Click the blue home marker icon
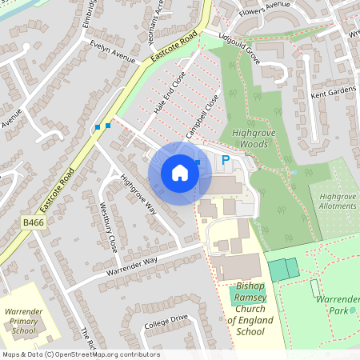click(x=180, y=173)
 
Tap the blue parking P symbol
click(x=226, y=162)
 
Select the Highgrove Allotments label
click(x=337, y=201)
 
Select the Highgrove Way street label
click(x=138, y=194)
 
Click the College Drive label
click(x=166, y=322)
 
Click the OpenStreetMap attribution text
click(x=80, y=354)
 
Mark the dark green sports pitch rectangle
click(x=281, y=269)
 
